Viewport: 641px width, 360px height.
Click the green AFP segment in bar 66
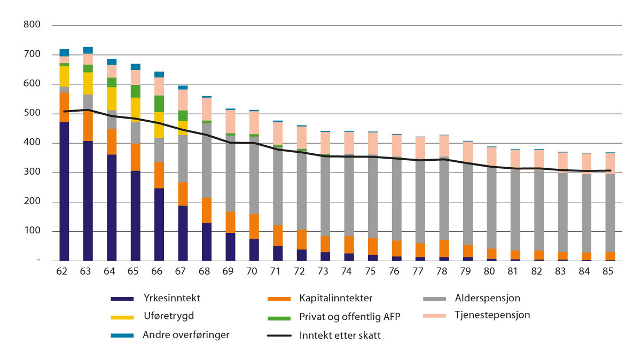159,104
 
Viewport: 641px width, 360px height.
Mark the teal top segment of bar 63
88,50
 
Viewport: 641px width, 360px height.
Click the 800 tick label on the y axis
32,25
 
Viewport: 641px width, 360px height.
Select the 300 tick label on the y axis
32,173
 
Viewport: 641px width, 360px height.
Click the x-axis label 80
489,271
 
